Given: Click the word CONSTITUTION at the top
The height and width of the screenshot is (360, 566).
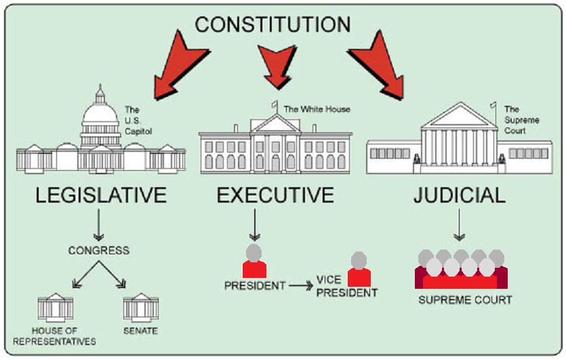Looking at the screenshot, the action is click(x=272, y=25).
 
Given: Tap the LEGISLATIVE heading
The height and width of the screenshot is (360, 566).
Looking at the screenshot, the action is click(x=101, y=195).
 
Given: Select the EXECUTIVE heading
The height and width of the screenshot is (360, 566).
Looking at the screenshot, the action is click(x=275, y=195).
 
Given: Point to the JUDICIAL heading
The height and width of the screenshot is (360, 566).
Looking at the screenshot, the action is click(x=460, y=195).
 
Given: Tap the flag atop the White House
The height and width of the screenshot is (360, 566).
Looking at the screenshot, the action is click(x=274, y=105).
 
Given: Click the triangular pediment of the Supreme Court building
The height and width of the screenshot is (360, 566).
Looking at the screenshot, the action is click(x=459, y=117).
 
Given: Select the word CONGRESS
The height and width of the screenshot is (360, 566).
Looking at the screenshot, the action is click(x=98, y=250).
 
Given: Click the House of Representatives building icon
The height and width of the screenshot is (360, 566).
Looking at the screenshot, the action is click(x=56, y=307).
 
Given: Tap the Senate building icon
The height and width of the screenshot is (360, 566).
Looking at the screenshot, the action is click(x=141, y=307).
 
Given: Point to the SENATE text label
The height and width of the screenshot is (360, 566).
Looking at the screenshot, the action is click(x=141, y=331).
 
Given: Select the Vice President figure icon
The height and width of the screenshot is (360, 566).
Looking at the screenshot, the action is click(x=359, y=269).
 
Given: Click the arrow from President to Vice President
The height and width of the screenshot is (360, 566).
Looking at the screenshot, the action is click(x=301, y=286).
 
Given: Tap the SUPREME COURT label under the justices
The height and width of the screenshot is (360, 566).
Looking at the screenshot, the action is click(x=464, y=300).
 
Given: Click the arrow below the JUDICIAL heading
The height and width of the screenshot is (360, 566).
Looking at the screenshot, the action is click(x=460, y=225).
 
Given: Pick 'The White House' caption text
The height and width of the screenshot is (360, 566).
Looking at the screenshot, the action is click(x=317, y=108).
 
